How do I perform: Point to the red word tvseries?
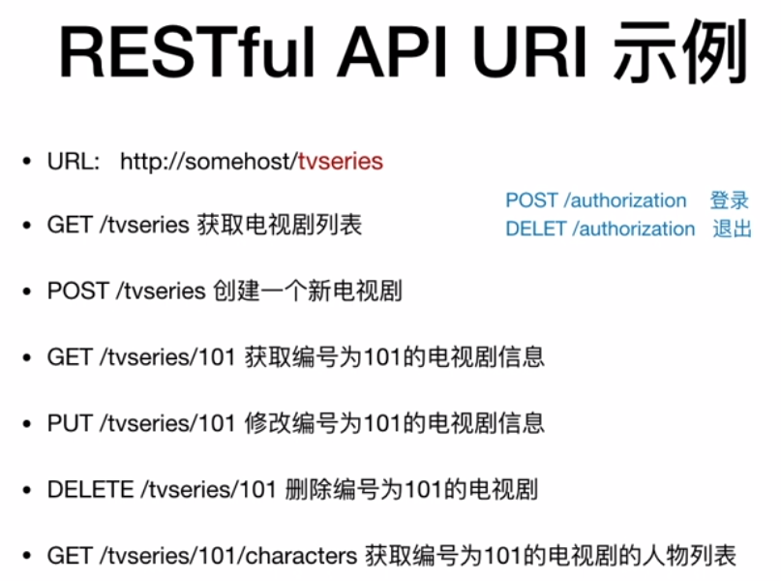pos(341,162)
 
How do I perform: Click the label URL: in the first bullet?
pos(74,162)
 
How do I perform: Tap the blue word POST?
pos(531,200)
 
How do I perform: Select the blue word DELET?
pos(535,229)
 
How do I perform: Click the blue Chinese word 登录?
pos(730,200)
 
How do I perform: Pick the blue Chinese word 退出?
pos(732,229)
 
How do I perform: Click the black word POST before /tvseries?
pos(77,291)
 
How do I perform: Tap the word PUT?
pos(70,423)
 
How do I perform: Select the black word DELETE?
pos(90,490)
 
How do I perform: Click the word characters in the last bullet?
pos(301,556)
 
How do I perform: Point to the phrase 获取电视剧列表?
pos(280,225)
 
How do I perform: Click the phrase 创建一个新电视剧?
pos(308,291)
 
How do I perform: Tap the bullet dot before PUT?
pos(27,424)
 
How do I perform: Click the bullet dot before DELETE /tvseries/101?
pos(27,490)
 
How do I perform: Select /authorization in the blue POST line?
pos(625,200)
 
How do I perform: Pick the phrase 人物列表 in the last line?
pos(689,556)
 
